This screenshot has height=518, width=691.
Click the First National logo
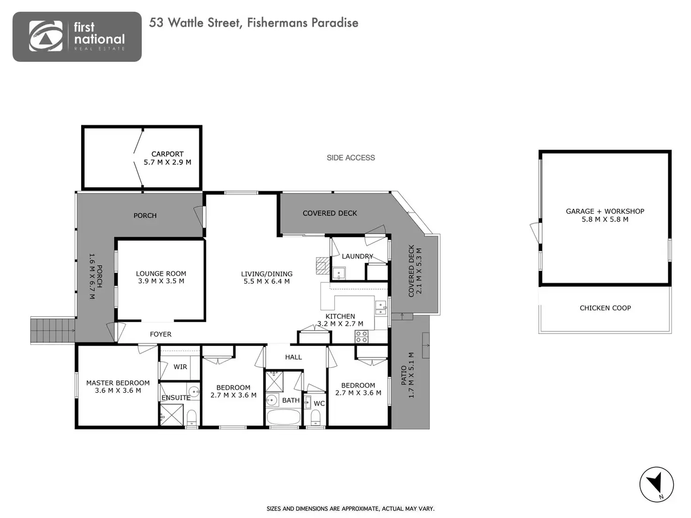click(x=77, y=37)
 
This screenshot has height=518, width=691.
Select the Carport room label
click(x=167, y=154)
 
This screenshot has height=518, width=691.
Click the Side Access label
click(x=351, y=158)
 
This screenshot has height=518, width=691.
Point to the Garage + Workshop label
click(x=605, y=211)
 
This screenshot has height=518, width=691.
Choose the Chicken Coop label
click(x=605, y=308)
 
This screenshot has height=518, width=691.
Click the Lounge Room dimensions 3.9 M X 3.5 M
click(x=161, y=281)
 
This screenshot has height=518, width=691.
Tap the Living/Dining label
click(x=267, y=274)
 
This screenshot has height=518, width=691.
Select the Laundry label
click(x=357, y=256)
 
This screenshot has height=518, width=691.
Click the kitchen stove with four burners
click(x=361, y=336)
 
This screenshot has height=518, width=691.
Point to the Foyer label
click(x=161, y=335)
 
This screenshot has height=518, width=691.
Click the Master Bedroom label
click(x=118, y=383)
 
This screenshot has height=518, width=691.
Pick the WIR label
click(x=180, y=367)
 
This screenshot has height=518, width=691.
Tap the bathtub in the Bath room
click(x=284, y=417)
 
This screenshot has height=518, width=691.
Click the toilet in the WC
click(x=315, y=417)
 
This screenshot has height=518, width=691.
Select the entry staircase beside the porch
click(x=53, y=330)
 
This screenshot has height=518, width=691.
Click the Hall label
click(x=293, y=357)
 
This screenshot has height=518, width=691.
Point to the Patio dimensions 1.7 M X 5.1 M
click(x=411, y=375)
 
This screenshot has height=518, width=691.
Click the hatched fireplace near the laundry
click(x=322, y=266)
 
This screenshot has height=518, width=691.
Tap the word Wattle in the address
click(x=185, y=23)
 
